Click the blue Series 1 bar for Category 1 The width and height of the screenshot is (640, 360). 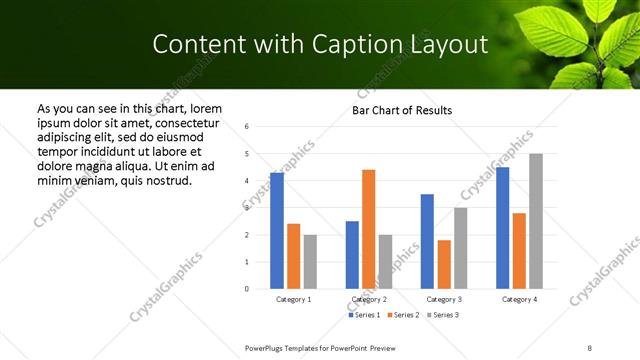pos(277,231)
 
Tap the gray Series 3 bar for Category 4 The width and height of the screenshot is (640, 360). pos(536,221)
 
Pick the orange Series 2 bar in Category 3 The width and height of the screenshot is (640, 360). pos(444,264)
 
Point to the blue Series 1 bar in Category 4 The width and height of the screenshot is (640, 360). pos(502,228)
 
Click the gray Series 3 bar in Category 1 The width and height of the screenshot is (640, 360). pos(310,262)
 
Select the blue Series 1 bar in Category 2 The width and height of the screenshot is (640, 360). pos(352,255)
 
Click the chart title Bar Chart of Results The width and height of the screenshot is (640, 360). pos(402,110)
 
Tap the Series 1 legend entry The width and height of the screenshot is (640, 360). pos(363,315)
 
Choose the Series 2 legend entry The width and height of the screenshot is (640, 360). pos(402,315)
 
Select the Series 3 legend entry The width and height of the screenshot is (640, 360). pos(441,315)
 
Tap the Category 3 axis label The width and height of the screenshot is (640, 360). pos(443,299)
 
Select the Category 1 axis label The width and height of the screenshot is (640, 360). pos(293,299)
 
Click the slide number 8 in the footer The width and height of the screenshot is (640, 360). pos(589,347)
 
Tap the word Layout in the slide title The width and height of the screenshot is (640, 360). pos(442,45)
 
